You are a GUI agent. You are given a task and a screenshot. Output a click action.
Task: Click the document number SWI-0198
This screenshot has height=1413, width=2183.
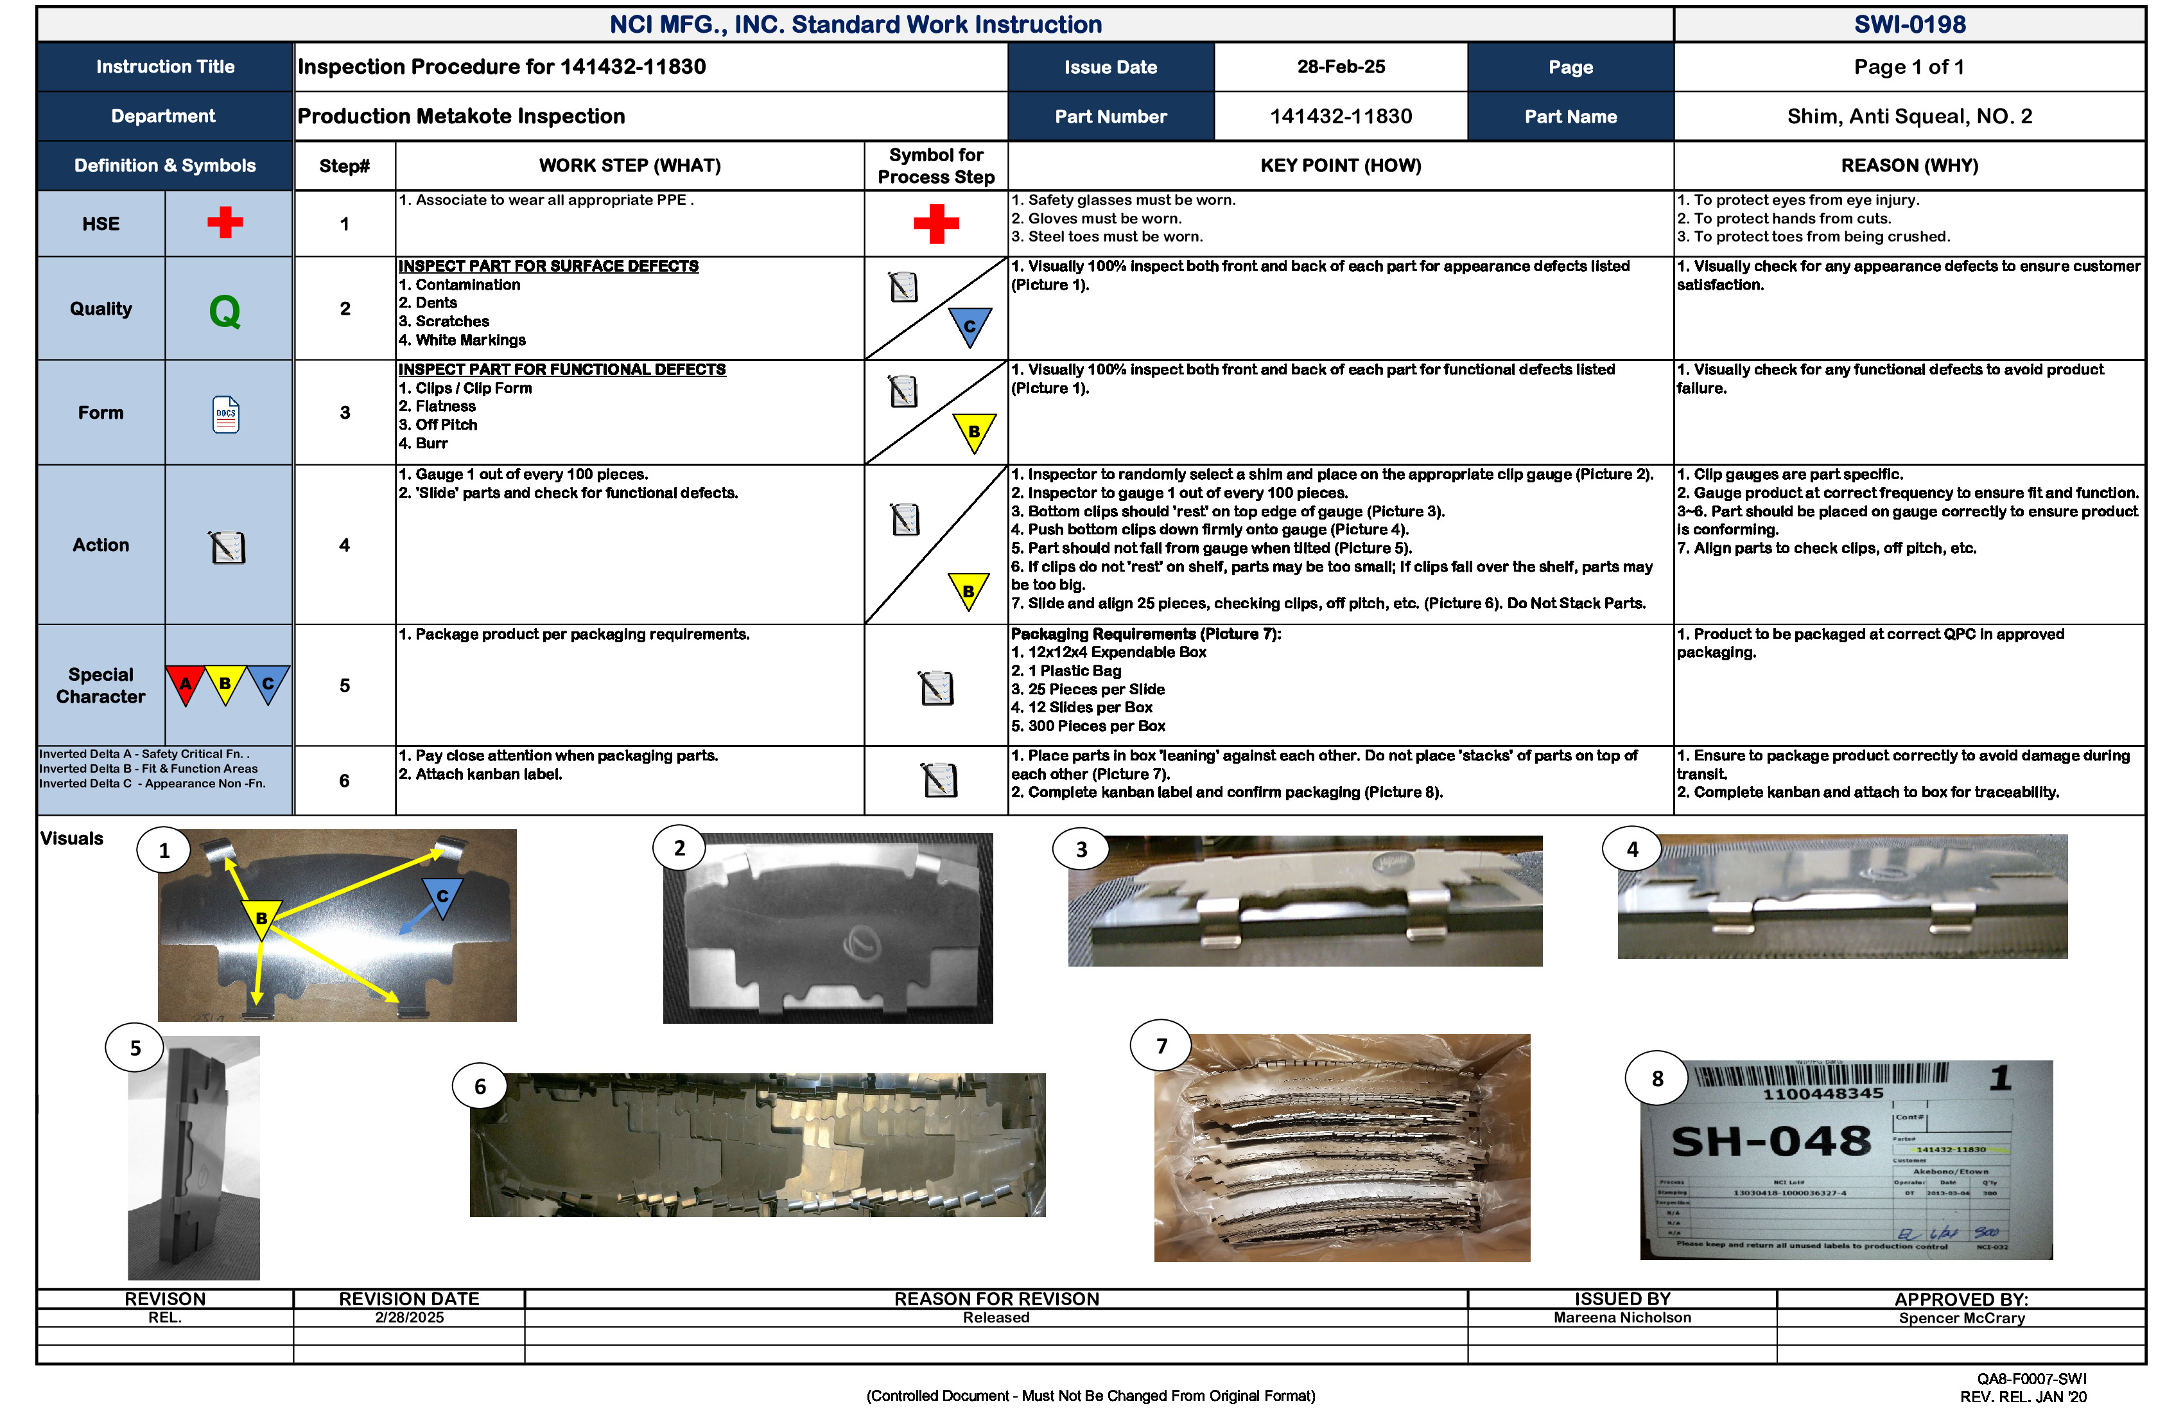pyautogui.click(x=1909, y=25)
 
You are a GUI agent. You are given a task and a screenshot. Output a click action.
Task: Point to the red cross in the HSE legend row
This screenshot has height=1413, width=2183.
pyautogui.click(x=225, y=222)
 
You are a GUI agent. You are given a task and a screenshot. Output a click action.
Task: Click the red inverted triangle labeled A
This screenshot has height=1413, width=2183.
pyautogui.click(x=186, y=683)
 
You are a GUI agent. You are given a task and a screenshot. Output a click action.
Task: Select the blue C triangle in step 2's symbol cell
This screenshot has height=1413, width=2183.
pyautogui.click(x=970, y=326)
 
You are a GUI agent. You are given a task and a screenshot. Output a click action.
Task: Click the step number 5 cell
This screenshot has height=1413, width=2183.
pyautogui.click(x=345, y=685)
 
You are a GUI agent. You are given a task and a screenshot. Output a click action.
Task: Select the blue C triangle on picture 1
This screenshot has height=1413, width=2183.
pyautogui.click(x=442, y=895)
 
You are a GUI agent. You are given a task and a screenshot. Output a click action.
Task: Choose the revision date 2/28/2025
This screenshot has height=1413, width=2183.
pyautogui.click(x=409, y=1317)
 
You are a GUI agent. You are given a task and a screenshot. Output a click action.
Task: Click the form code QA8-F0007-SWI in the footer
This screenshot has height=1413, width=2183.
pyautogui.click(x=2031, y=1379)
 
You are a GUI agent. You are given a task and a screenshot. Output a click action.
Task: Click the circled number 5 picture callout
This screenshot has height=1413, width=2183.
pyautogui.click(x=135, y=1048)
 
